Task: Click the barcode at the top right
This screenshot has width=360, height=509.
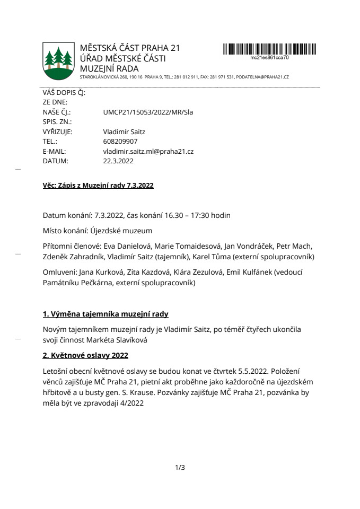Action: [269, 49]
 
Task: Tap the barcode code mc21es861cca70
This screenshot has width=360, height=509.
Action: [269, 57]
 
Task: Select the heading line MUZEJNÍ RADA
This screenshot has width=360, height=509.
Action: [109, 68]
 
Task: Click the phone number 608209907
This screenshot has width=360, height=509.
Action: [120, 142]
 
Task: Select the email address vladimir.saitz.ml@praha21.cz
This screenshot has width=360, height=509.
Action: [148, 151]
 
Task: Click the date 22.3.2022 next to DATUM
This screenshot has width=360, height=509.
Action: [118, 161]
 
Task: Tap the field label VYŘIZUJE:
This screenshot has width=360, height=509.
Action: [57, 132]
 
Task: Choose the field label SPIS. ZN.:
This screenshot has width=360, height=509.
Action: [57, 122]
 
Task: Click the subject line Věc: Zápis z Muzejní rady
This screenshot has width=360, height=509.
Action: [98, 186]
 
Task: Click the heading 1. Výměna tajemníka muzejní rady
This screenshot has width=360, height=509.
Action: [106, 314]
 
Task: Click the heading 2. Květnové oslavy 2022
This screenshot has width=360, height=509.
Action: [85, 354]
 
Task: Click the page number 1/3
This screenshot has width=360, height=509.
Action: [180, 467]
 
